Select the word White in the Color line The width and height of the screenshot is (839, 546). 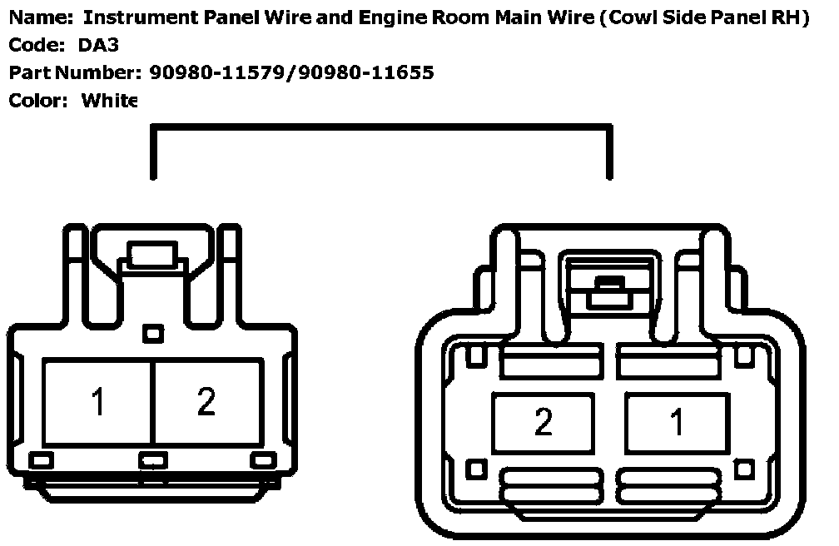pyautogui.click(x=109, y=101)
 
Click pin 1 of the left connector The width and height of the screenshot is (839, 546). pyautogui.click(x=97, y=402)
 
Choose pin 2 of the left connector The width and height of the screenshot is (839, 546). pyautogui.click(x=206, y=402)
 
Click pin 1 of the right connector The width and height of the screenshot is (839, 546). pyautogui.click(x=677, y=422)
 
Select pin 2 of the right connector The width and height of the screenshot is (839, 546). pyautogui.click(x=543, y=422)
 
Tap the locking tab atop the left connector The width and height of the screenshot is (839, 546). pyautogui.click(x=151, y=252)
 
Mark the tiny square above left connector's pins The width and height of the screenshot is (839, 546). pyautogui.click(x=151, y=334)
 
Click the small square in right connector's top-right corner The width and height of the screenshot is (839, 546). pyautogui.click(x=743, y=357)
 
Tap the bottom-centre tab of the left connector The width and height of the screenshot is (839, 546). pyautogui.click(x=152, y=459)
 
